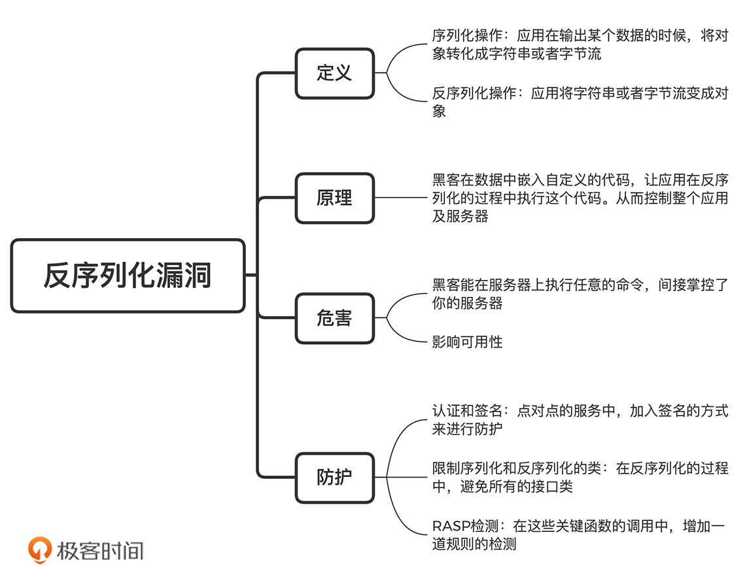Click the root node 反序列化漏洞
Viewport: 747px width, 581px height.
click(128, 275)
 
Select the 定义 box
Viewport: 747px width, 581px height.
click(335, 73)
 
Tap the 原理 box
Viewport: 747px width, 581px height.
click(335, 198)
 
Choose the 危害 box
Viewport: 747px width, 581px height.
click(335, 319)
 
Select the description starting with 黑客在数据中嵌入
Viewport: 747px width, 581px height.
click(580, 198)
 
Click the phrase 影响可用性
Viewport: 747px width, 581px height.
click(467, 342)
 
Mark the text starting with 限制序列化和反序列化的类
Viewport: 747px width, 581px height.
click(580, 477)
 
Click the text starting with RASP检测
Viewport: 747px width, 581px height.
click(580, 534)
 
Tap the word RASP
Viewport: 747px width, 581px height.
click(447, 525)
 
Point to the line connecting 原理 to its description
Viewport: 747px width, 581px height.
click(399, 198)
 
